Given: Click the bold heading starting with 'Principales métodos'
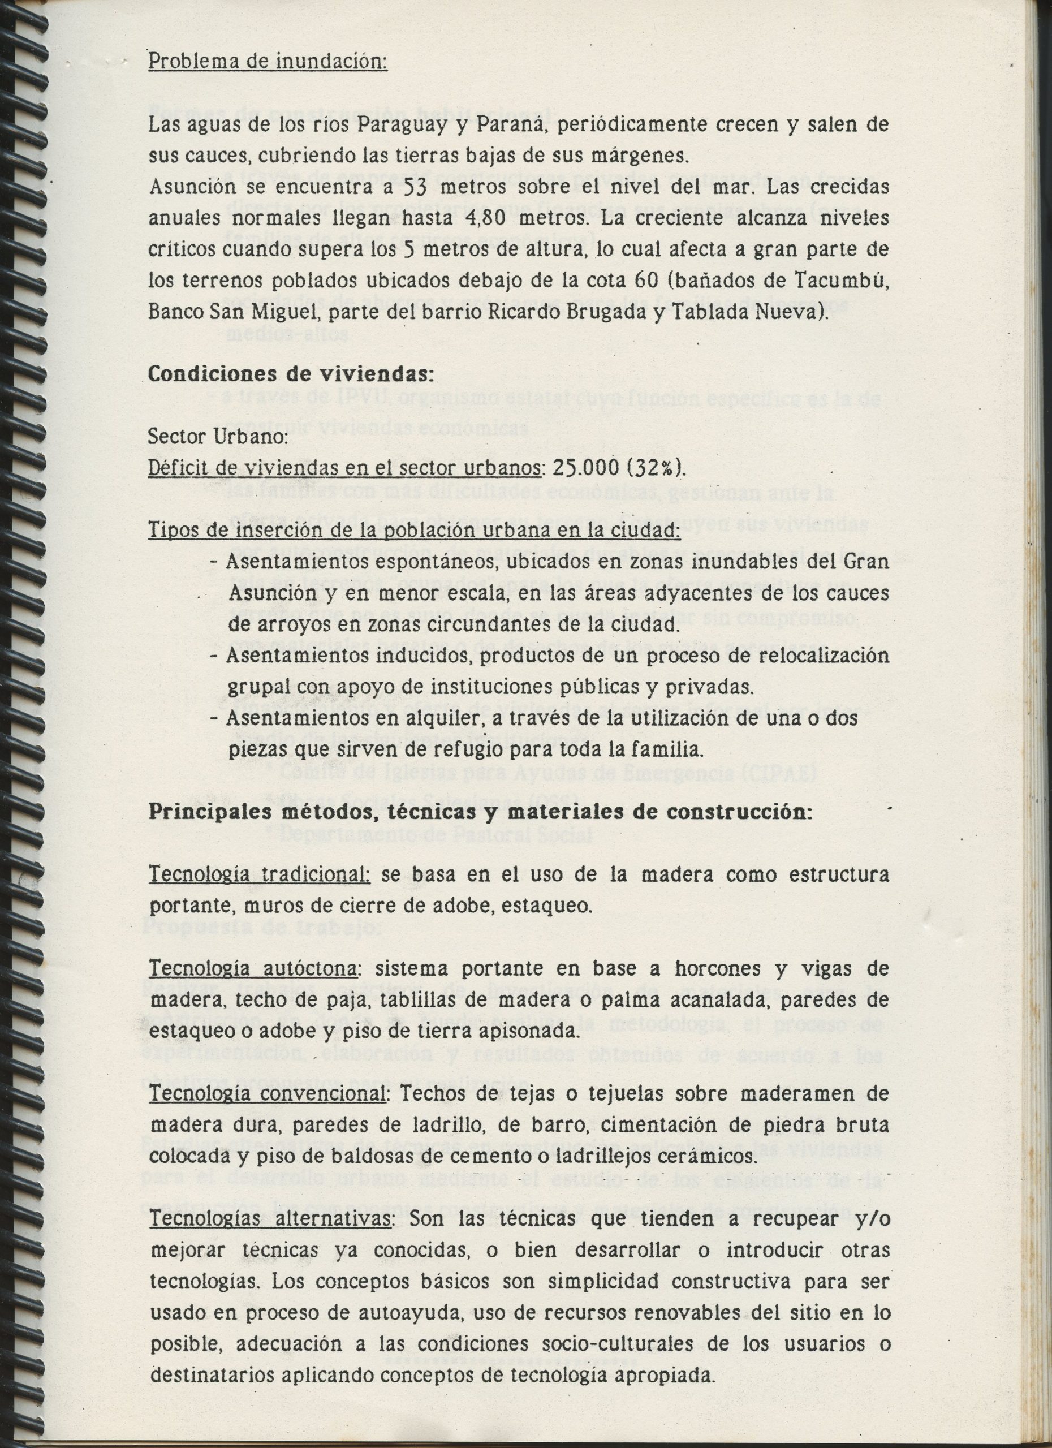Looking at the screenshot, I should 480,813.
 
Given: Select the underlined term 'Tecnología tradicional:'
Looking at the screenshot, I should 259,874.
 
